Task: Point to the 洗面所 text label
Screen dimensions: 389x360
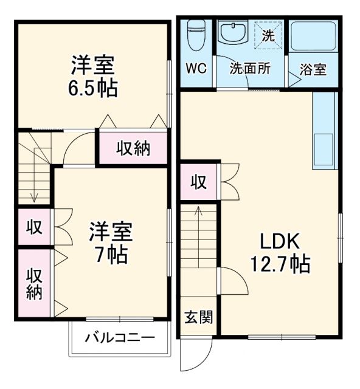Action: click(x=249, y=69)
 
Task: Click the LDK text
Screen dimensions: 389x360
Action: click(x=280, y=241)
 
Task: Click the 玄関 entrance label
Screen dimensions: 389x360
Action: click(x=198, y=317)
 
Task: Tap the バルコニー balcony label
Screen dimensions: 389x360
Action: click(x=120, y=337)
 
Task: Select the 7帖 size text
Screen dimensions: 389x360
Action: click(x=110, y=255)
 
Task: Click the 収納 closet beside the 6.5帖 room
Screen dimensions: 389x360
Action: click(x=133, y=147)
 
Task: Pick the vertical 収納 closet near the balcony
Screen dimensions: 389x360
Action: click(x=34, y=284)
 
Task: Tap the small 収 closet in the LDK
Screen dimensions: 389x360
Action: click(x=198, y=181)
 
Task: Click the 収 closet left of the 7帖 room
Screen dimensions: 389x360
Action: click(x=34, y=227)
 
